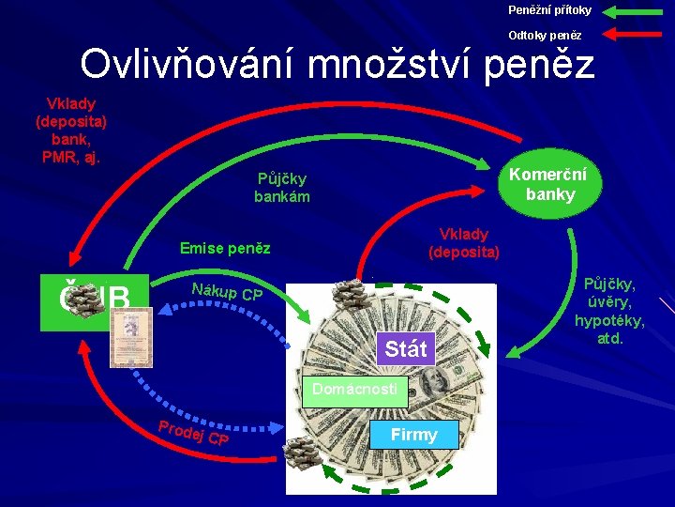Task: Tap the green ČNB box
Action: click(x=94, y=301)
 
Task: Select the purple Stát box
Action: click(x=405, y=349)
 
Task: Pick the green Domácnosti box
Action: click(x=355, y=389)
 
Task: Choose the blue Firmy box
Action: click(x=413, y=435)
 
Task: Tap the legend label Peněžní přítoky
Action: click(x=549, y=10)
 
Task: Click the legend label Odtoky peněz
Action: click(x=545, y=36)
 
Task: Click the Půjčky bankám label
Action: click(x=281, y=188)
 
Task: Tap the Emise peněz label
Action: click(x=225, y=249)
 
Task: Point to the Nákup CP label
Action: click(x=226, y=293)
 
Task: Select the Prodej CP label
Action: click(x=193, y=434)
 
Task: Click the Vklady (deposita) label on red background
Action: click(x=463, y=243)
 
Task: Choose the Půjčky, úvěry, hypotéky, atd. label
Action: click(x=609, y=311)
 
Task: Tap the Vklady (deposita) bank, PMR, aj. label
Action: click(x=71, y=130)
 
